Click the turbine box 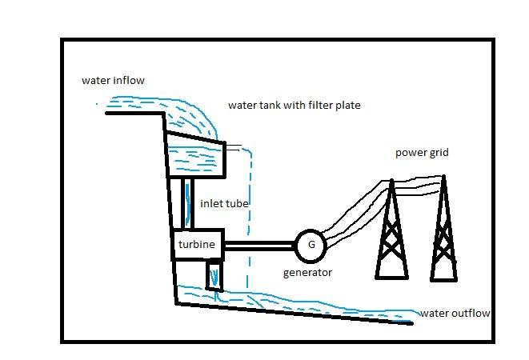197,245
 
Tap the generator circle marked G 311,245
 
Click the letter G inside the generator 311,245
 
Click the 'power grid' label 422,152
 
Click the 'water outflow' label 455,313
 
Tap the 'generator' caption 307,273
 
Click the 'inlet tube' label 224,204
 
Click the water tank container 197,157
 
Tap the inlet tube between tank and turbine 187,203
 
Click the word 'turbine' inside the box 196,245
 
